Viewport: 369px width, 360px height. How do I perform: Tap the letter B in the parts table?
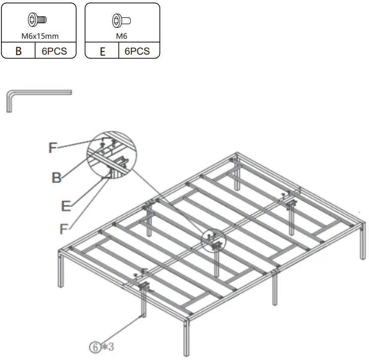pos(18,51)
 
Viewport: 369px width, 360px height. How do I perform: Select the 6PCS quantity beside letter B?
pos(55,51)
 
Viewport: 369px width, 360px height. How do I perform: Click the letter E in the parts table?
pos(102,51)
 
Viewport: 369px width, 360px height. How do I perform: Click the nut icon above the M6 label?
pos(122,21)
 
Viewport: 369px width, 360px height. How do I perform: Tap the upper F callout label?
pos(54,147)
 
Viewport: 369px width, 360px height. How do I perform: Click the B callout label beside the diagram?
pos(57,177)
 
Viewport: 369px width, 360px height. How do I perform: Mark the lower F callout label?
pos(63,229)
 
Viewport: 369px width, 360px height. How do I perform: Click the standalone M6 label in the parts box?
pos(122,35)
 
